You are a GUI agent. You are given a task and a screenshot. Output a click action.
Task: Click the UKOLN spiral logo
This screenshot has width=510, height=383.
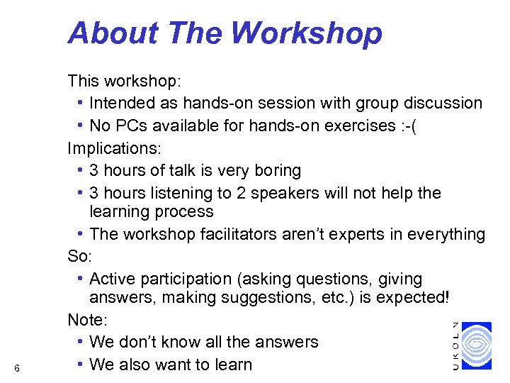475,345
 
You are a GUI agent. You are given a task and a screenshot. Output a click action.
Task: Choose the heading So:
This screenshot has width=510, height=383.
80,255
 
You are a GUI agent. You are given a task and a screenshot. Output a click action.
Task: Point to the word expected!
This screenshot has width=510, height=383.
410,299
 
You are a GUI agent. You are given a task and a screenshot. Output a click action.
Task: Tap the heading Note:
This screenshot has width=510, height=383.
86,320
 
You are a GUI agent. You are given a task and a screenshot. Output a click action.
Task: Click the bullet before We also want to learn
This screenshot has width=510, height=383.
82,365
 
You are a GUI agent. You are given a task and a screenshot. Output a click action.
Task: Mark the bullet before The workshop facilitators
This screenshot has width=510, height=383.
82,234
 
